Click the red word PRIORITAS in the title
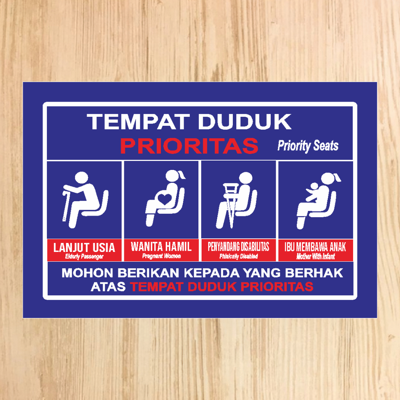(189, 146)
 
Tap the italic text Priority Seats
(308, 146)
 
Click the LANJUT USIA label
(84, 247)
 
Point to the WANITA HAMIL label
(161, 246)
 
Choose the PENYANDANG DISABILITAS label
(238, 246)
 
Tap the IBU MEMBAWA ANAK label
(315, 247)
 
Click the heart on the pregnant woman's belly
(164, 198)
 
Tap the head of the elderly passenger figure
(82, 178)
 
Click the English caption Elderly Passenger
(84, 257)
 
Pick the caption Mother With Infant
(315, 257)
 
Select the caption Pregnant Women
(161, 256)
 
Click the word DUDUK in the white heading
(245, 122)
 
